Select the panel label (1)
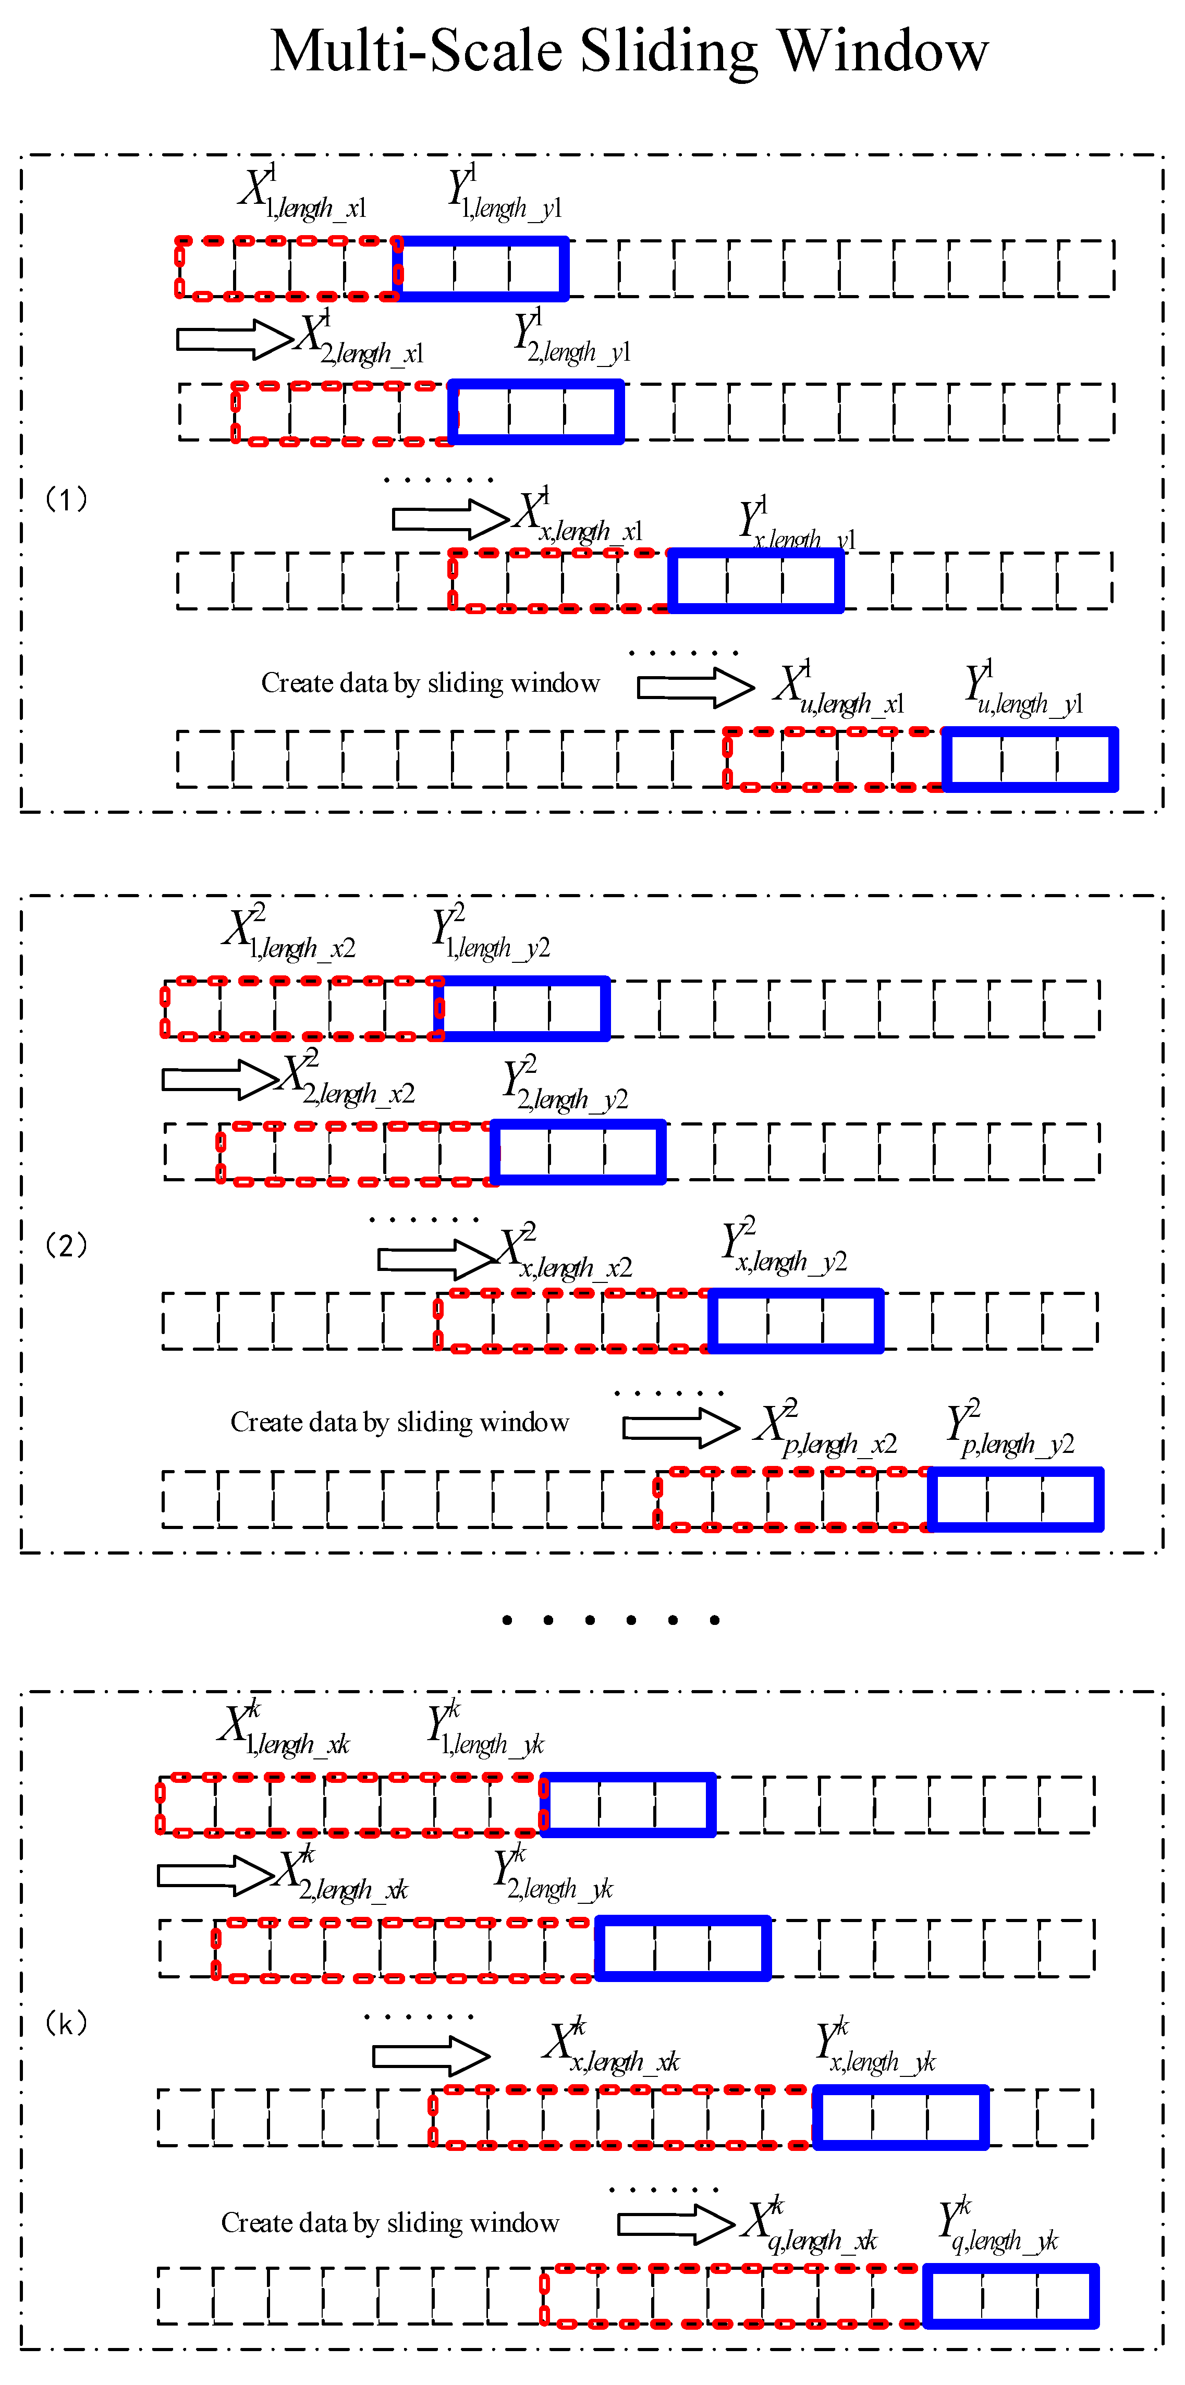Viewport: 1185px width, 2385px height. pos(67,500)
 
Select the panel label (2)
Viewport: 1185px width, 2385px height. pos(67,1245)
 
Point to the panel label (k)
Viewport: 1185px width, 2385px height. pos(67,2023)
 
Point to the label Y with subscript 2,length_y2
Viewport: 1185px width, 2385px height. pos(565,1085)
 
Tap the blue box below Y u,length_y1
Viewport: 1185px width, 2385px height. pos(1030,759)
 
